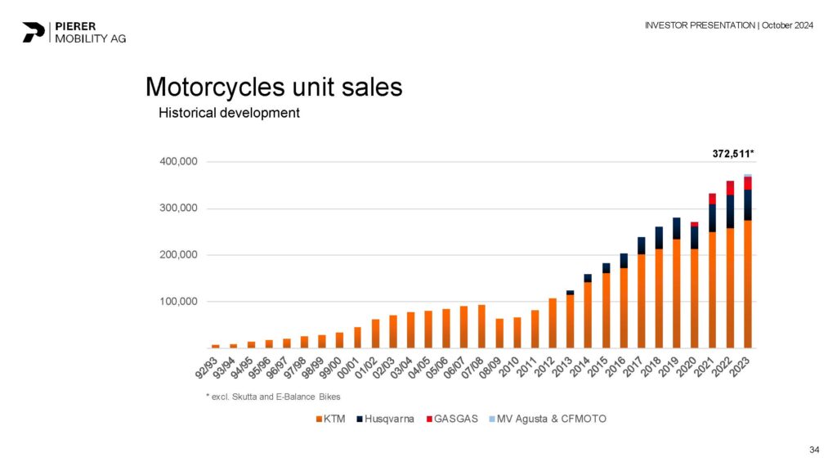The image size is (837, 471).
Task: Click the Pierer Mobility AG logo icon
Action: (33, 32)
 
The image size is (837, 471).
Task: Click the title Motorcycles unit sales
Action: (273, 87)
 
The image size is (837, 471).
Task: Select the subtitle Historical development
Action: (229, 113)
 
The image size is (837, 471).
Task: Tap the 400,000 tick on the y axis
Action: (177, 162)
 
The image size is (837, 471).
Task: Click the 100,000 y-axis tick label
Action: (177, 302)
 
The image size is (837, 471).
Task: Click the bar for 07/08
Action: (481, 326)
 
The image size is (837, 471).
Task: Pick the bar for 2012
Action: (553, 323)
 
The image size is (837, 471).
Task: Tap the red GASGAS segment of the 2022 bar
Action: (730, 188)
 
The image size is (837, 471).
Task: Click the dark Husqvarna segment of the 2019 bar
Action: (677, 228)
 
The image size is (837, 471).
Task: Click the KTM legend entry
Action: (330, 419)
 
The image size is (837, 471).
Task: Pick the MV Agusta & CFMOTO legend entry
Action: (547, 419)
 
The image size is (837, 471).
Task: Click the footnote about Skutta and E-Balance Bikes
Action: (272, 397)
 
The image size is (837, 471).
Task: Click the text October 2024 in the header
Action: (788, 25)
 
